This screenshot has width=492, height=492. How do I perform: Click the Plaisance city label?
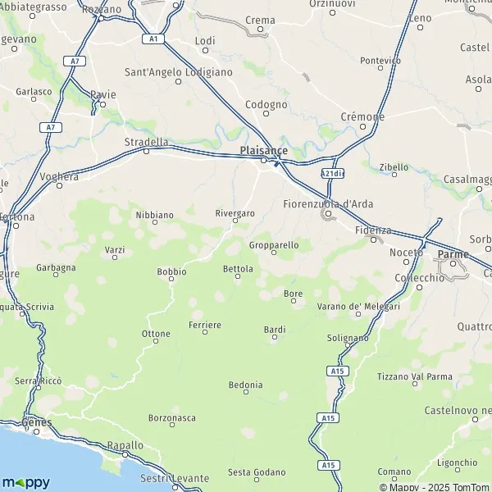(x=264, y=150)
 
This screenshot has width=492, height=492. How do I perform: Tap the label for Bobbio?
(x=171, y=271)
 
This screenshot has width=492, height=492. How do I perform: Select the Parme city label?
(x=453, y=254)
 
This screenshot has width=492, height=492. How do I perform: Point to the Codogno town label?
(x=266, y=105)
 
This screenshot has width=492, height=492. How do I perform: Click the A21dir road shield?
(x=332, y=174)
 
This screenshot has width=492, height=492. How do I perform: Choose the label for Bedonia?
(x=245, y=385)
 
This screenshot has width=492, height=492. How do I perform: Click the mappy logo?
(x=25, y=482)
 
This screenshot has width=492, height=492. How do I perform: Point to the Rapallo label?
(x=125, y=445)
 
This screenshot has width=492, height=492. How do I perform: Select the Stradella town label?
(x=145, y=141)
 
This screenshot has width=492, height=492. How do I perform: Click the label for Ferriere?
(x=205, y=326)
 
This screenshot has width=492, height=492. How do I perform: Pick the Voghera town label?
(x=60, y=175)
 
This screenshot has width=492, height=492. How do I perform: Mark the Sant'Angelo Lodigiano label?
(x=178, y=72)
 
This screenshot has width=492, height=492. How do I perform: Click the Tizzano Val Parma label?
(x=414, y=377)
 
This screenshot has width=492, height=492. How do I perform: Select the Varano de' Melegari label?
(x=358, y=306)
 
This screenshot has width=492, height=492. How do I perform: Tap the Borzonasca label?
(x=172, y=417)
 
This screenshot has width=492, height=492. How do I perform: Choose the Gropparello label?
(x=274, y=244)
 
